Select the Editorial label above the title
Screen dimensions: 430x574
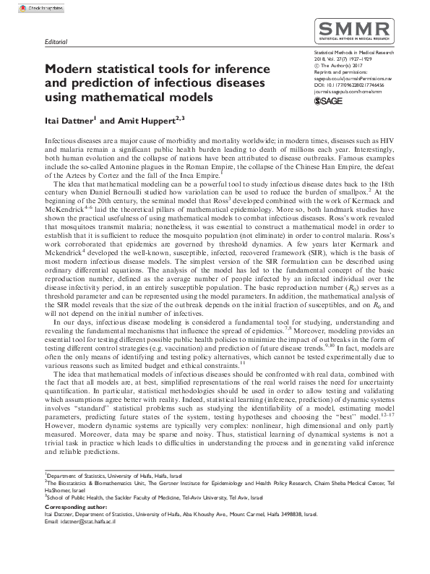pyautogui.click(x=56, y=43)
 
